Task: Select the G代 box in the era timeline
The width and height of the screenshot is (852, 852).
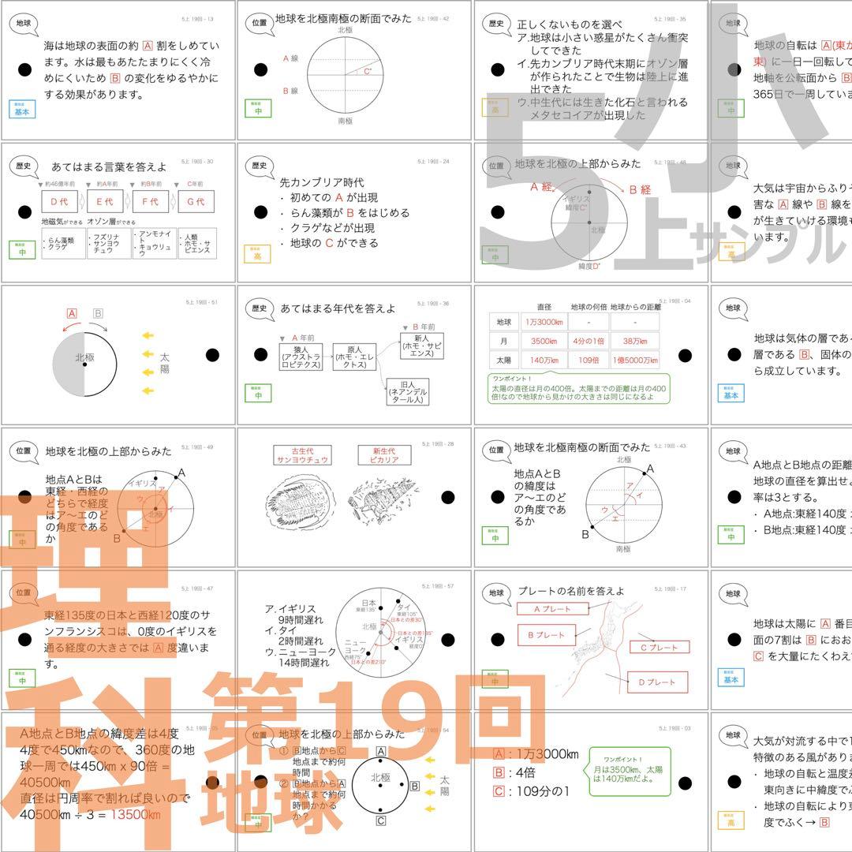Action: tap(196, 203)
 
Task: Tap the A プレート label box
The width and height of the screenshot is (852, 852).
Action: tap(553, 609)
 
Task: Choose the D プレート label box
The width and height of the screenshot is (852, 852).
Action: tap(652, 682)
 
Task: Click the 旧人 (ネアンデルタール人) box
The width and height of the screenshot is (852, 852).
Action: tap(408, 391)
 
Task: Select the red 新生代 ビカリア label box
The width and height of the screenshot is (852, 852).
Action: tap(384, 456)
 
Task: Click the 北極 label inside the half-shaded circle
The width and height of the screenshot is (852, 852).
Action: tap(84, 357)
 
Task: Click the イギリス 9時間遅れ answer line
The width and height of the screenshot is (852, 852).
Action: tap(297, 615)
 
